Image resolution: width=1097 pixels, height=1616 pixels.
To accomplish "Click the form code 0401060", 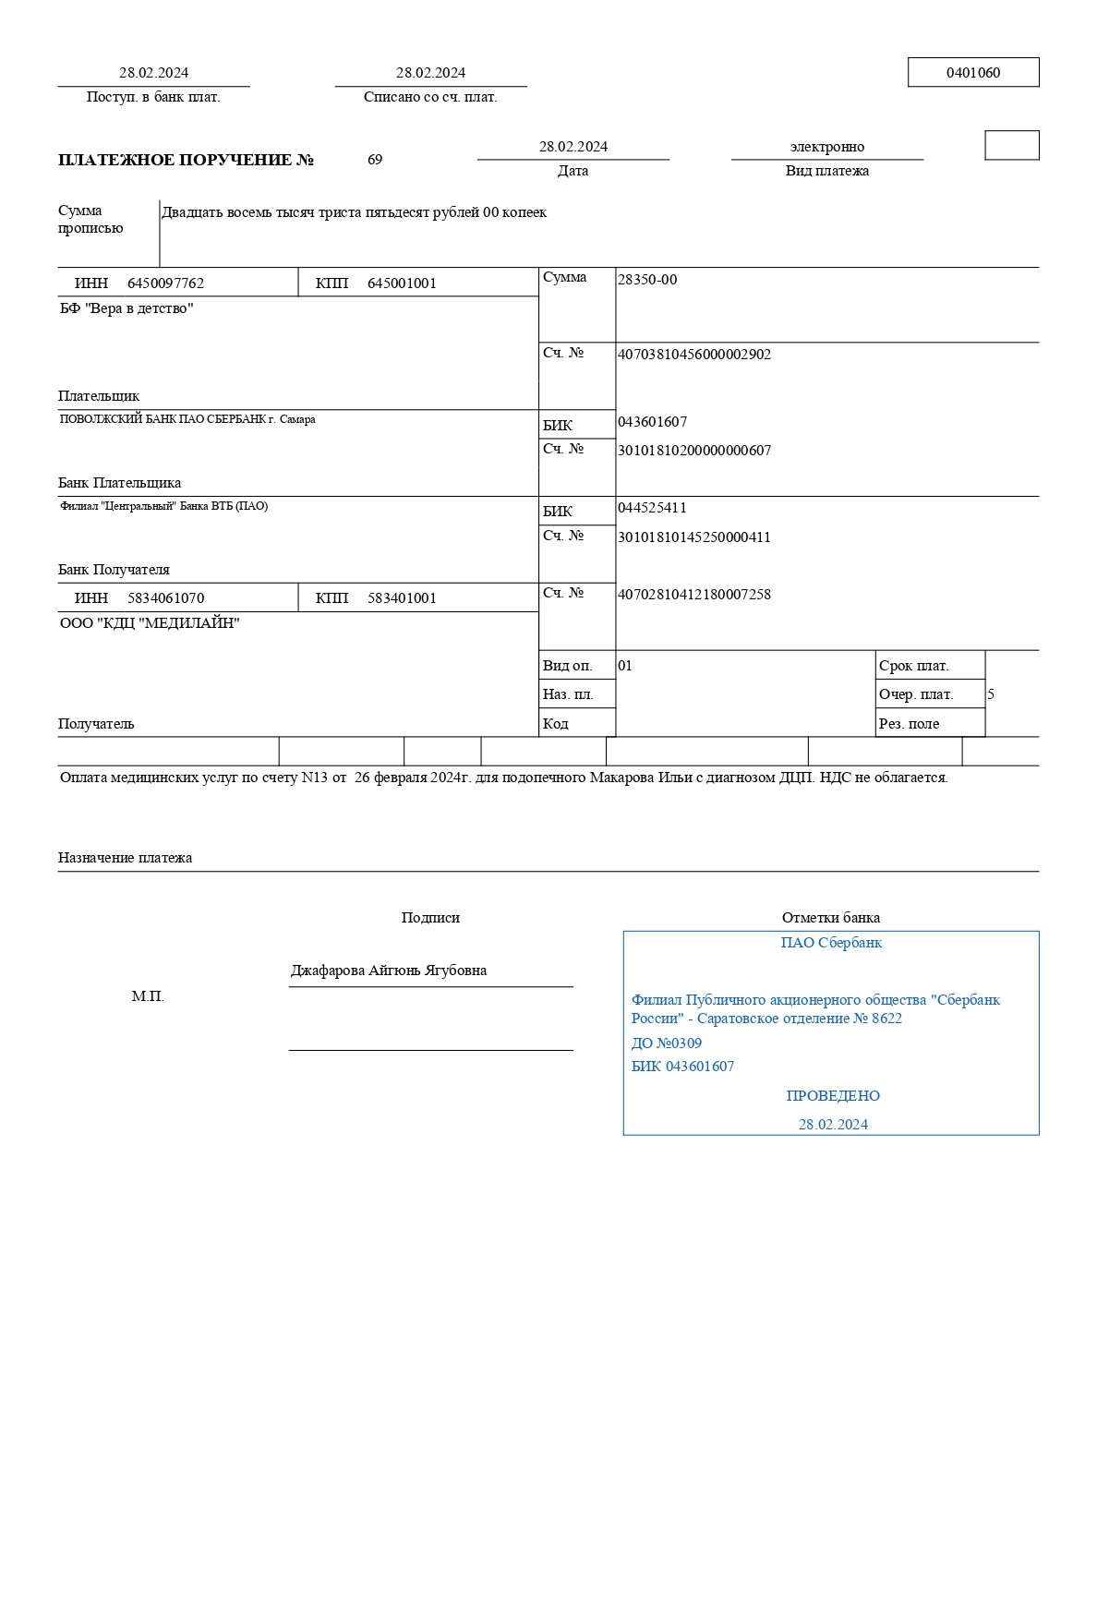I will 972,73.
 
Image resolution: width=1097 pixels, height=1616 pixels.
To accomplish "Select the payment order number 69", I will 375,160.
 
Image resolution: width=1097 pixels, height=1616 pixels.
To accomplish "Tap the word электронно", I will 826,147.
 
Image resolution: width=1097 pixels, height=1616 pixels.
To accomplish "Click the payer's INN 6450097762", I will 165,283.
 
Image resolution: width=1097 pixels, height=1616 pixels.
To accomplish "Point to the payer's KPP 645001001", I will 402,283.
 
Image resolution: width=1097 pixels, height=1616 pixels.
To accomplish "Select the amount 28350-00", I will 646,280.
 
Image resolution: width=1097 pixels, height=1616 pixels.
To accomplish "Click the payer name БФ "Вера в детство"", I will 127,308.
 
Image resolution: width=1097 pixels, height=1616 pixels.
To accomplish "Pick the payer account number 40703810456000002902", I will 693,355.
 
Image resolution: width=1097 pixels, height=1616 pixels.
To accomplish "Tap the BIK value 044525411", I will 652,508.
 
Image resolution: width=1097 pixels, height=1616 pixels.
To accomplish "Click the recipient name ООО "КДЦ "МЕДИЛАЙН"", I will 150,623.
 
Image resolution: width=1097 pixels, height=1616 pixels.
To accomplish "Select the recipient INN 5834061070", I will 165,598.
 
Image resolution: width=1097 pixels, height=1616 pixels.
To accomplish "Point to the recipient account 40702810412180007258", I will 693,595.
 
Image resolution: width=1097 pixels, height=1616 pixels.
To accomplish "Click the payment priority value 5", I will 991,694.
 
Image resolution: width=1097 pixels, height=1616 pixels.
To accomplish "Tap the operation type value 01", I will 625,666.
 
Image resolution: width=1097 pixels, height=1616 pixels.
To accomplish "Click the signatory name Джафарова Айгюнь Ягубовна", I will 389,971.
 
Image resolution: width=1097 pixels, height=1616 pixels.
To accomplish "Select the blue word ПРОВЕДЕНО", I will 833,1096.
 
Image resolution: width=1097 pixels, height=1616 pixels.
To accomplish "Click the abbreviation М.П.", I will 148,996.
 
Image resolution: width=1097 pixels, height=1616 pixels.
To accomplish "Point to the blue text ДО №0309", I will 666,1043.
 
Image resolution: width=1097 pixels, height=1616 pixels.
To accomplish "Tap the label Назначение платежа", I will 125,858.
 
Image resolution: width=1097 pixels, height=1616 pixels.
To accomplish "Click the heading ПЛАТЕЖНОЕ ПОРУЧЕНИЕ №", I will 186,160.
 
